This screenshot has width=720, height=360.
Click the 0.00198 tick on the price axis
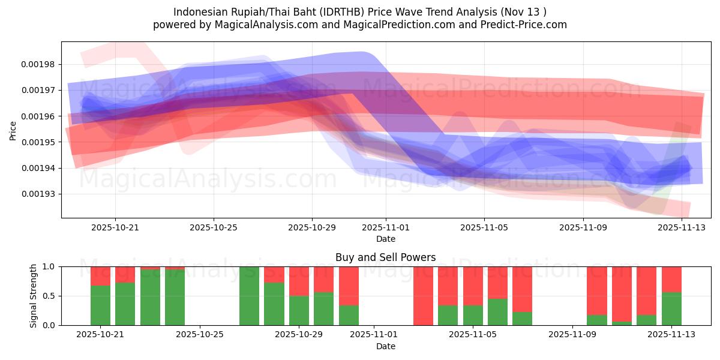(38, 64)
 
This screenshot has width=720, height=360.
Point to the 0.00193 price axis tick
(38, 194)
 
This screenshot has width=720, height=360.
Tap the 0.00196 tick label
(38, 116)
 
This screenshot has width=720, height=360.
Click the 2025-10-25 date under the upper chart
(214, 227)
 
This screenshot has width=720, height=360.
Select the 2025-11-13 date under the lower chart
(671, 334)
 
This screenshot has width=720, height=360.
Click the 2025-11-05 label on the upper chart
(484, 227)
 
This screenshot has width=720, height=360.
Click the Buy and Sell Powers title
(385, 257)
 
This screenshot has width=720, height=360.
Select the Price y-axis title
(13, 130)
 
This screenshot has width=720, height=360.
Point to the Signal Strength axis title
(34, 295)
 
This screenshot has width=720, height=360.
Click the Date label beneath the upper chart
(385, 239)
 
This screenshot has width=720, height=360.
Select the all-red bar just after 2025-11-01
(423, 296)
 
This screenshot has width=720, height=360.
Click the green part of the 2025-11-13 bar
(671, 309)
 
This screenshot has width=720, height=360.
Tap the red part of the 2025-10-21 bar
(100, 275)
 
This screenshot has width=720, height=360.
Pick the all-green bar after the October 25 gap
(249, 296)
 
